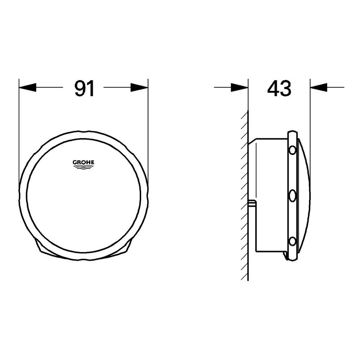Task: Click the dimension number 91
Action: coord(84,88)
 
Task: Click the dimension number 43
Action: coord(279,88)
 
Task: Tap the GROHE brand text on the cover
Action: coord(84,163)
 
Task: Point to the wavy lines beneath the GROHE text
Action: coord(84,167)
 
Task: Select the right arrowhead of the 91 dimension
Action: coord(139,87)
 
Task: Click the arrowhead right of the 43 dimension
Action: coord(318,87)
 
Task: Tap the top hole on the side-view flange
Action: coord(293,149)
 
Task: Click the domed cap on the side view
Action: coord(304,194)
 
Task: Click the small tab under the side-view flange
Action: coord(286,256)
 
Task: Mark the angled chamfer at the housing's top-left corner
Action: coord(252,141)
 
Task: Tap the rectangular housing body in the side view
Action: coord(270,194)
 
